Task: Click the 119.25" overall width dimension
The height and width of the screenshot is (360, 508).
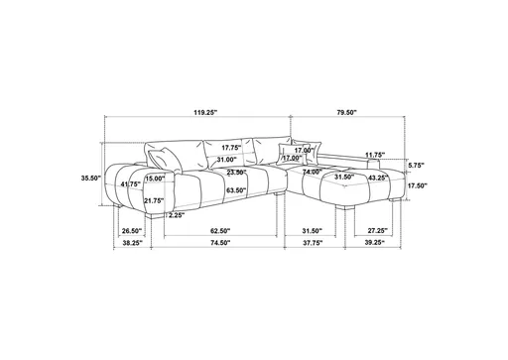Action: pyautogui.click(x=206, y=113)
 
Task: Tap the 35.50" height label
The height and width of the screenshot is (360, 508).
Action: pyautogui.click(x=91, y=179)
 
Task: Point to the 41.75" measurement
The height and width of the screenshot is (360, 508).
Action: pyautogui.click(x=129, y=184)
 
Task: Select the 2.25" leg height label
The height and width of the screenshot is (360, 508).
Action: pyautogui.click(x=177, y=214)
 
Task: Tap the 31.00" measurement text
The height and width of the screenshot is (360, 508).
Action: pyautogui.click(x=226, y=160)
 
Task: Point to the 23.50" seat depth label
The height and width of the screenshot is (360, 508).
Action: pyautogui.click(x=235, y=172)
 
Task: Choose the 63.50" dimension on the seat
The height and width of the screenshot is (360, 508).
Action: pyautogui.click(x=236, y=189)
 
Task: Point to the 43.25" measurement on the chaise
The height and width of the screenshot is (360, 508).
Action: pyautogui.click(x=377, y=178)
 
